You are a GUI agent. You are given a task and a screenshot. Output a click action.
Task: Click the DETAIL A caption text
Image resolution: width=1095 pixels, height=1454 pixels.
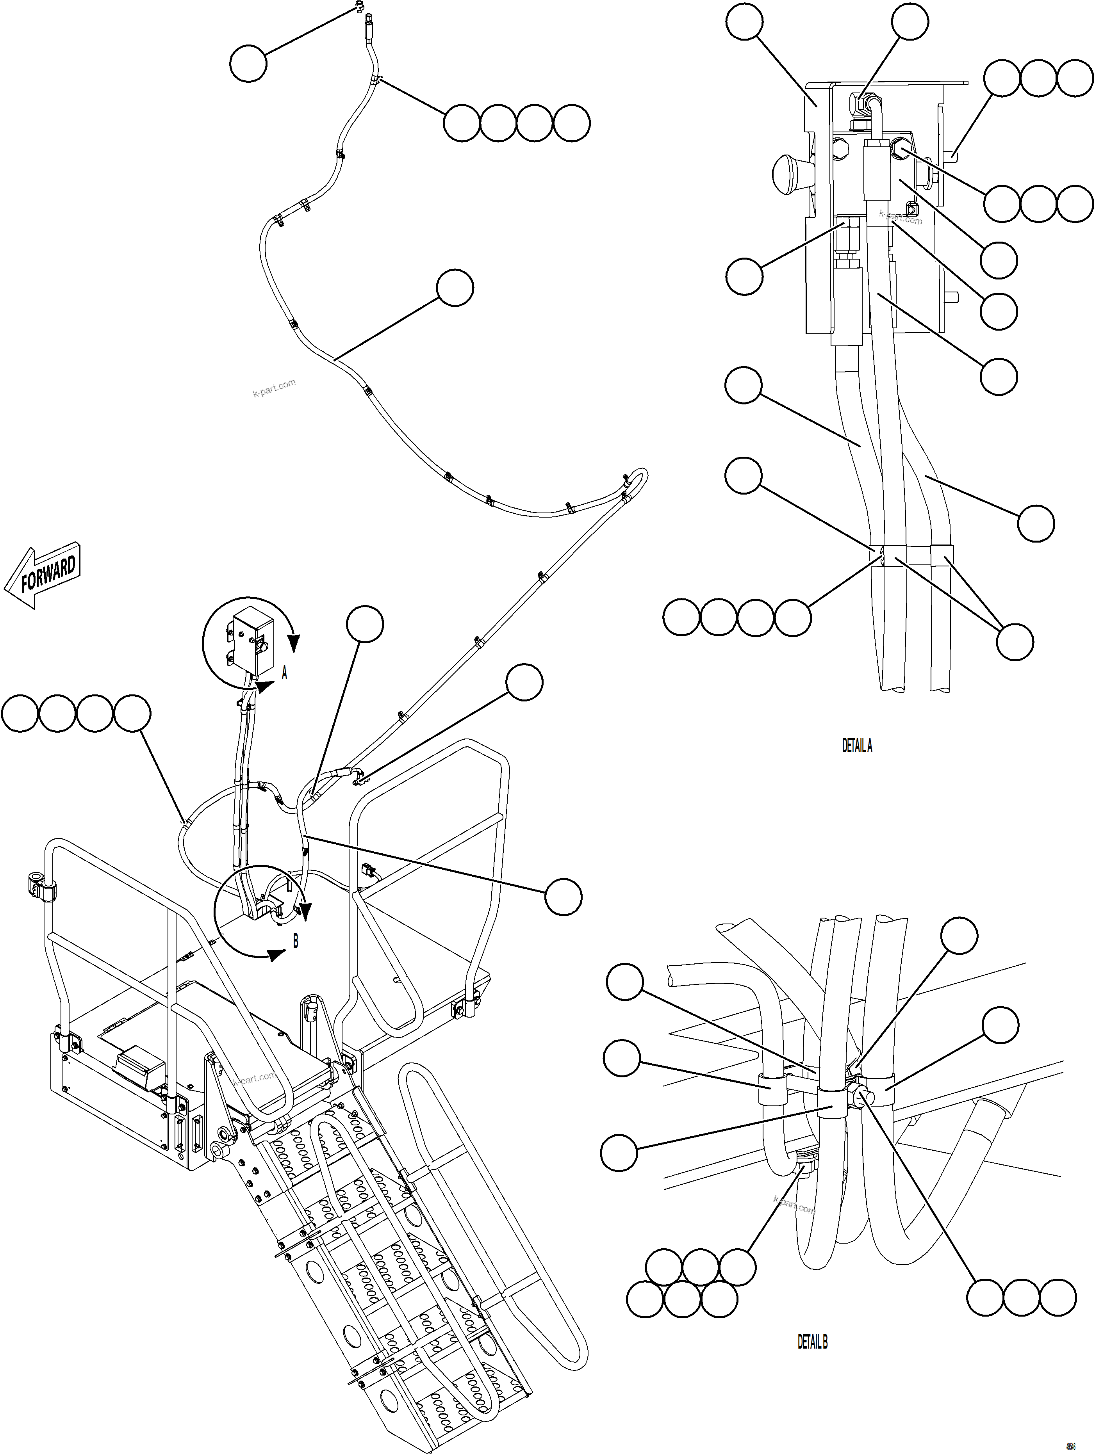(x=857, y=746)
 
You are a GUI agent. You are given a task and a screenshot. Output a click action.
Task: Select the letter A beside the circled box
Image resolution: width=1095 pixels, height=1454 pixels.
(x=284, y=673)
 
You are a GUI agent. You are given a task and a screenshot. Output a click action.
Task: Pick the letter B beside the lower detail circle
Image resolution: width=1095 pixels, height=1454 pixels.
(x=295, y=941)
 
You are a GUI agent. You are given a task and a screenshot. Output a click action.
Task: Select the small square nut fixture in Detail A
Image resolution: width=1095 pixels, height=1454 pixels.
(x=911, y=208)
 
